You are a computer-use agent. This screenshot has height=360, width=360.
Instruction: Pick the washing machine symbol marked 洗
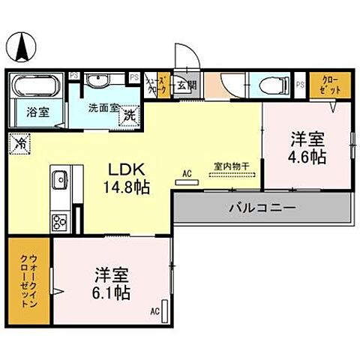(x=129, y=116)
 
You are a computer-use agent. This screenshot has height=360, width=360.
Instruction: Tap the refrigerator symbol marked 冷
(x=20, y=140)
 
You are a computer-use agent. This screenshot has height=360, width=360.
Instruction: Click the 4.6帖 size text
(x=307, y=157)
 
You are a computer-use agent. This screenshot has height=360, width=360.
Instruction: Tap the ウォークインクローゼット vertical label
(x=28, y=282)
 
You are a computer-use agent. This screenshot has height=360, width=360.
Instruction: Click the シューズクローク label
(x=157, y=85)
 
